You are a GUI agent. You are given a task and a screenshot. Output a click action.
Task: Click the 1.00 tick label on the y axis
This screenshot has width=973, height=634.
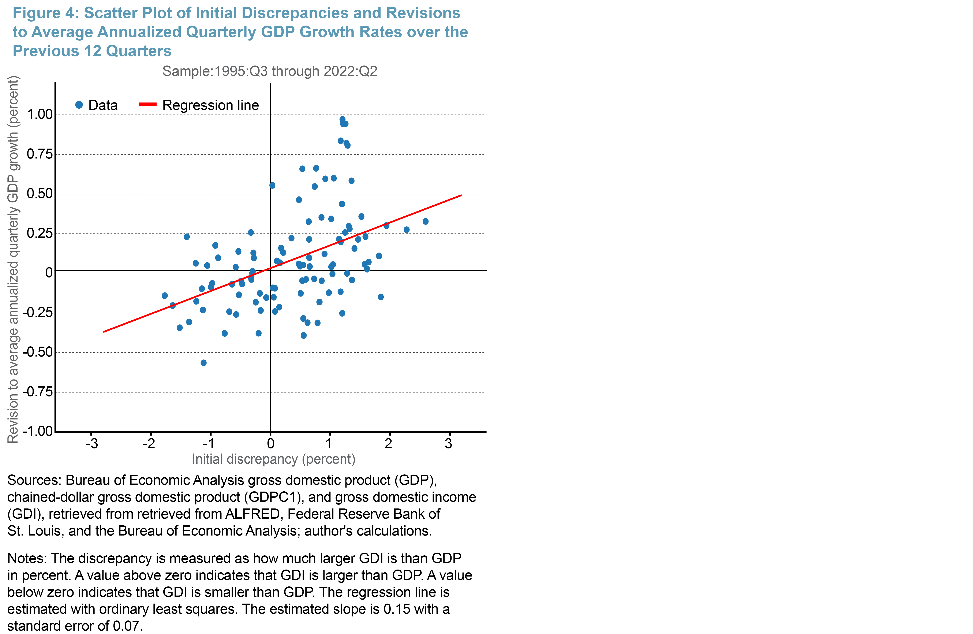tap(40, 115)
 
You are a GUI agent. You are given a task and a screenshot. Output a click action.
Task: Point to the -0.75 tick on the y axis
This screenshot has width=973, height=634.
tap(38, 392)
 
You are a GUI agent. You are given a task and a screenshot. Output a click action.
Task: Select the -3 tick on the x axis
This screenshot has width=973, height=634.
tap(91, 443)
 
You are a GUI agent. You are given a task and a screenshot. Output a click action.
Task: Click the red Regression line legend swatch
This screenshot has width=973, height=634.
tap(147, 105)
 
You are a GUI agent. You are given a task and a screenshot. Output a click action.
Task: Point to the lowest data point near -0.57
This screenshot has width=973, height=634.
tap(204, 363)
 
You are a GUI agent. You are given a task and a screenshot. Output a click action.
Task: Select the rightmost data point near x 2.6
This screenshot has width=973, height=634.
tap(426, 221)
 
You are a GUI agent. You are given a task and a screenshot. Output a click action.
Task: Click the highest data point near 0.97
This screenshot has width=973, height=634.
tap(342, 119)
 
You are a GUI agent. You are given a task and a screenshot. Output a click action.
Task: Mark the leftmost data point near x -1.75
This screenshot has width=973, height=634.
tap(165, 295)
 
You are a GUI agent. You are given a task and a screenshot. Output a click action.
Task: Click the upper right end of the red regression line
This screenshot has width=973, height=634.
tap(461, 195)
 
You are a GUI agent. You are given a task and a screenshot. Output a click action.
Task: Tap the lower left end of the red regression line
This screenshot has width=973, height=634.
tap(104, 332)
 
